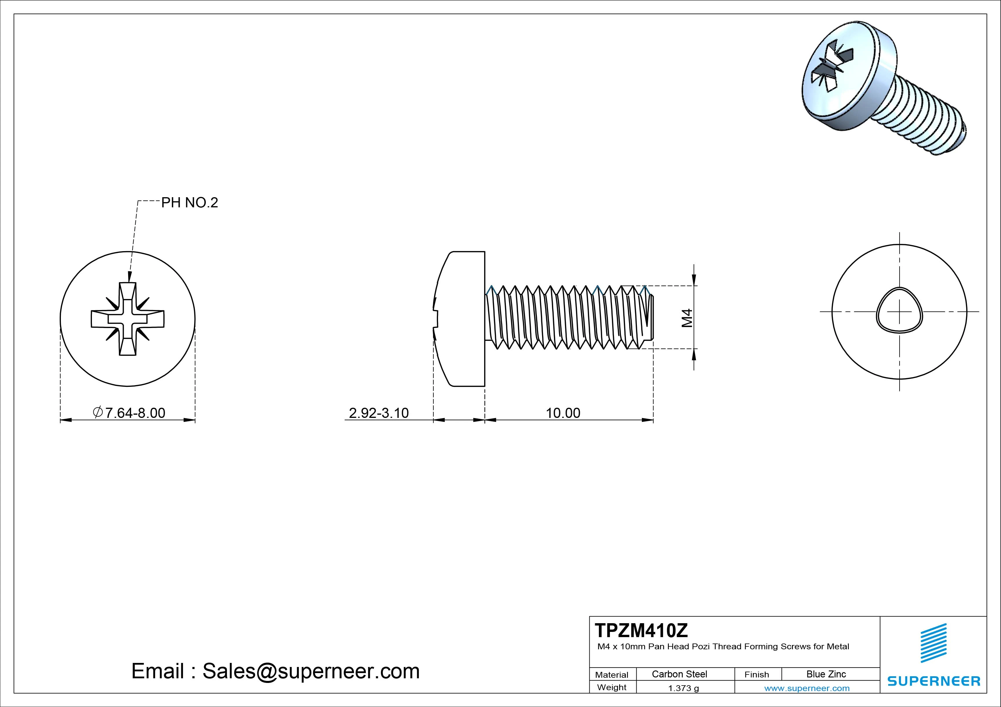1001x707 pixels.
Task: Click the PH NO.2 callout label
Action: coord(189,203)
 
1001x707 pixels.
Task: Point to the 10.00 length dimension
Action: coord(563,413)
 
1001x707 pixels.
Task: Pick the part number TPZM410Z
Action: coord(641,630)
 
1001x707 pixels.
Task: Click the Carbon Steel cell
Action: coord(679,674)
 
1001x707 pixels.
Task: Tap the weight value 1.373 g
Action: coord(683,688)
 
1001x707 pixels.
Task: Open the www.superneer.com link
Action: coord(806,688)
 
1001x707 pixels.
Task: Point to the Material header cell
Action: coord(612,674)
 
